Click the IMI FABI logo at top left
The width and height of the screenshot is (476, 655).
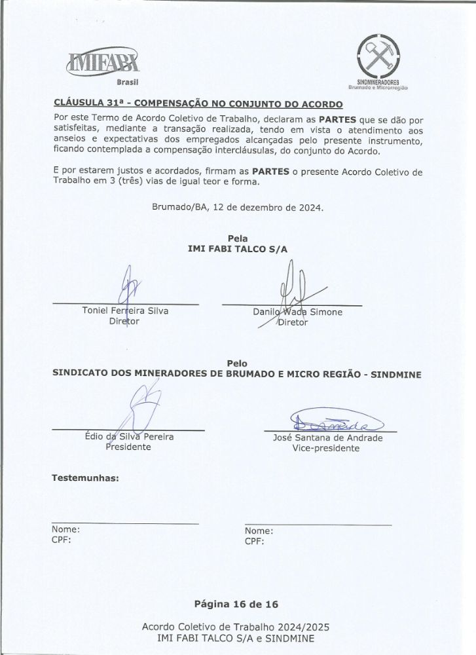point(103,64)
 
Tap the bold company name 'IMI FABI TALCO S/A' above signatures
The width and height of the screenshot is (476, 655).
point(238,249)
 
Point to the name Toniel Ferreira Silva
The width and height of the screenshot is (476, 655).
point(125,310)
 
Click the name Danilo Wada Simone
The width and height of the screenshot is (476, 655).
point(297,312)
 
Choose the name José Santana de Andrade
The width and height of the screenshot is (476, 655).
point(327,438)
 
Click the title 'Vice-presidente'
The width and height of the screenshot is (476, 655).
point(326,449)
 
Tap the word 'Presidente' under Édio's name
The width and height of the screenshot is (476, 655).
point(128,447)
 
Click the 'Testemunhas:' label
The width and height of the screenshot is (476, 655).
point(85,478)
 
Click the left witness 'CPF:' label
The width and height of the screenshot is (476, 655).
point(61,540)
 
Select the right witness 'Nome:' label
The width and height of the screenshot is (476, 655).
point(259,531)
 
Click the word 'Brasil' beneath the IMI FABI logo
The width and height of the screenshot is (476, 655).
point(128,82)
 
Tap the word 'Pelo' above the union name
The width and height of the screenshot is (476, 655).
point(237,363)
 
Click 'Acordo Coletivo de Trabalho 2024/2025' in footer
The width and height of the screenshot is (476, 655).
point(236,627)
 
